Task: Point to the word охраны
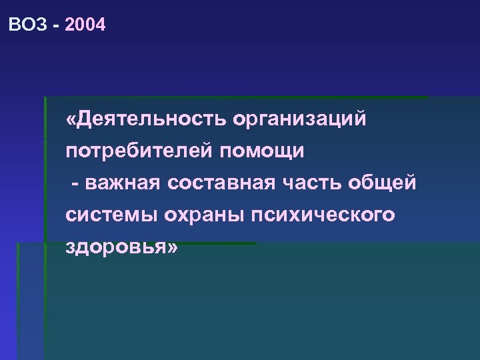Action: tap(195, 216)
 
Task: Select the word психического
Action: tap(320, 216)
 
